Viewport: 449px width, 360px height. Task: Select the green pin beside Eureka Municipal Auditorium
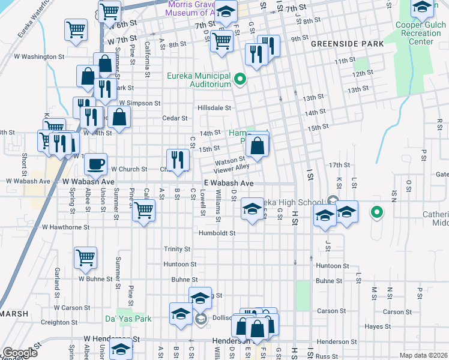240,79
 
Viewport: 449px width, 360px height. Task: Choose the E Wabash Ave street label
229,183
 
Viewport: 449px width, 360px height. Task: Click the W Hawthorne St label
66,227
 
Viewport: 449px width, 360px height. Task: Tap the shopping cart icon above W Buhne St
85,257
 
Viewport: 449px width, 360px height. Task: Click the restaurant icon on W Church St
178,159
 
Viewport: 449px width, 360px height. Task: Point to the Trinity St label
177,249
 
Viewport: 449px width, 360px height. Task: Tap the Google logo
20,353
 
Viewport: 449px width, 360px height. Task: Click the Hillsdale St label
215,108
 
